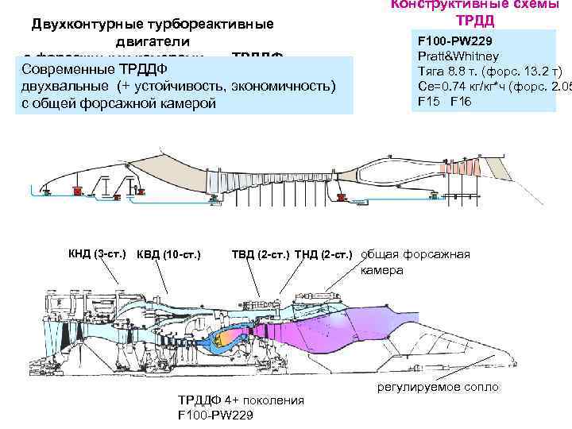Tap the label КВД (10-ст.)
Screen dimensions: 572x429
(x=168, y=254)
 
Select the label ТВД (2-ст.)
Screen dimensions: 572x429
(x=260, y=254)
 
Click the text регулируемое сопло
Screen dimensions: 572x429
(x=439, y=387)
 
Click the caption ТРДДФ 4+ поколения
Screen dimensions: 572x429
(x=241, y=400)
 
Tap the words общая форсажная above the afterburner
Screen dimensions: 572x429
(x=415, y=254)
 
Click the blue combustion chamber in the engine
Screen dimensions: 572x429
(x=216, y=338)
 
